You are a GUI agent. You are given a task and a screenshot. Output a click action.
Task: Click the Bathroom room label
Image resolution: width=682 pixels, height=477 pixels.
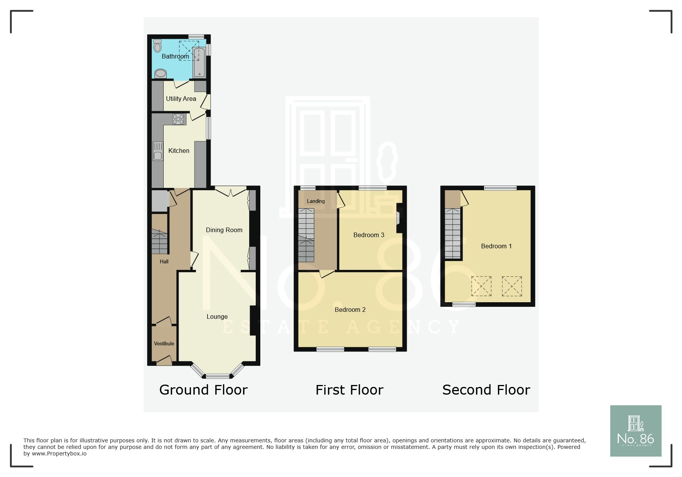(x=175, y=56)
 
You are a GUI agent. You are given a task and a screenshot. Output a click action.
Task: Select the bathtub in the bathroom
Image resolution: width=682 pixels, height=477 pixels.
(x=199, y=62)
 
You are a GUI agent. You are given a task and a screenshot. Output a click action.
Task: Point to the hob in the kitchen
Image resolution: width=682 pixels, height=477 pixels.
(x=178, y=119)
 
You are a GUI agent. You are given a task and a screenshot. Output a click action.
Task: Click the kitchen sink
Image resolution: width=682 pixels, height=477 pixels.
(x=158, y=151)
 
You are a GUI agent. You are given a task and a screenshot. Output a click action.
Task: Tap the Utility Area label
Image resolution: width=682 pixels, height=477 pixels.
(x=181, y=99)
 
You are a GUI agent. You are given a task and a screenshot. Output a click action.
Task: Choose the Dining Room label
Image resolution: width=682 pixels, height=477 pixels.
(x=224, y=230)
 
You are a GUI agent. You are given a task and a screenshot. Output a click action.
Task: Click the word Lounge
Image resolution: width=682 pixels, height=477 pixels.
(x=217, y=316)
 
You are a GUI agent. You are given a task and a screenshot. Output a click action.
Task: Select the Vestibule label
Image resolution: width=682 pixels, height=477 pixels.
(x=164, y=343)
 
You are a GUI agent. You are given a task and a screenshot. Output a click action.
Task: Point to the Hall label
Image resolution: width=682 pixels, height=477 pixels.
(x=164, y=261)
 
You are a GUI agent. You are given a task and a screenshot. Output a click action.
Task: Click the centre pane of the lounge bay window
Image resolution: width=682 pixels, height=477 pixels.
(x=218, y=376)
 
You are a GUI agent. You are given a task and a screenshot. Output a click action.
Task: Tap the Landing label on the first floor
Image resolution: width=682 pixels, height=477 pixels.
(x=316, y=201)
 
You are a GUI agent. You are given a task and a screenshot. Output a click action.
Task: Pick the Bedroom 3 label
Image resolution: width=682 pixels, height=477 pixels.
(x=369, y=235)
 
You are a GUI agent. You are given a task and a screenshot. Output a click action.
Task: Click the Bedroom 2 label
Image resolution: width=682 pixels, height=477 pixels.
(x=350, y=310)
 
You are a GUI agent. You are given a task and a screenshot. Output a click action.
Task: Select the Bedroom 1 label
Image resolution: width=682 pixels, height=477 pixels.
(x=496, y=246)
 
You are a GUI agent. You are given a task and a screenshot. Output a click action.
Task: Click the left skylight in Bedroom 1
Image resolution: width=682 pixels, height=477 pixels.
(x=481, y=286)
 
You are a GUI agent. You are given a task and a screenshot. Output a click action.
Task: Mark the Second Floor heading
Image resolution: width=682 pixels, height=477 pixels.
(x=486, y=390)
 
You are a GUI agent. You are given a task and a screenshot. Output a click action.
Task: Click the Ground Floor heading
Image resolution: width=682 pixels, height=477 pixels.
(x=203, y=390)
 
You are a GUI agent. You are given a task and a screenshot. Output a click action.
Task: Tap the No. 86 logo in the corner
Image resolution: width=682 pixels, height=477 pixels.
(x=635, y=431)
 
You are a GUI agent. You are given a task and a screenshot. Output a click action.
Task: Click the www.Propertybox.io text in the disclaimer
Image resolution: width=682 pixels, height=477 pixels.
(x=59, y=454)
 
